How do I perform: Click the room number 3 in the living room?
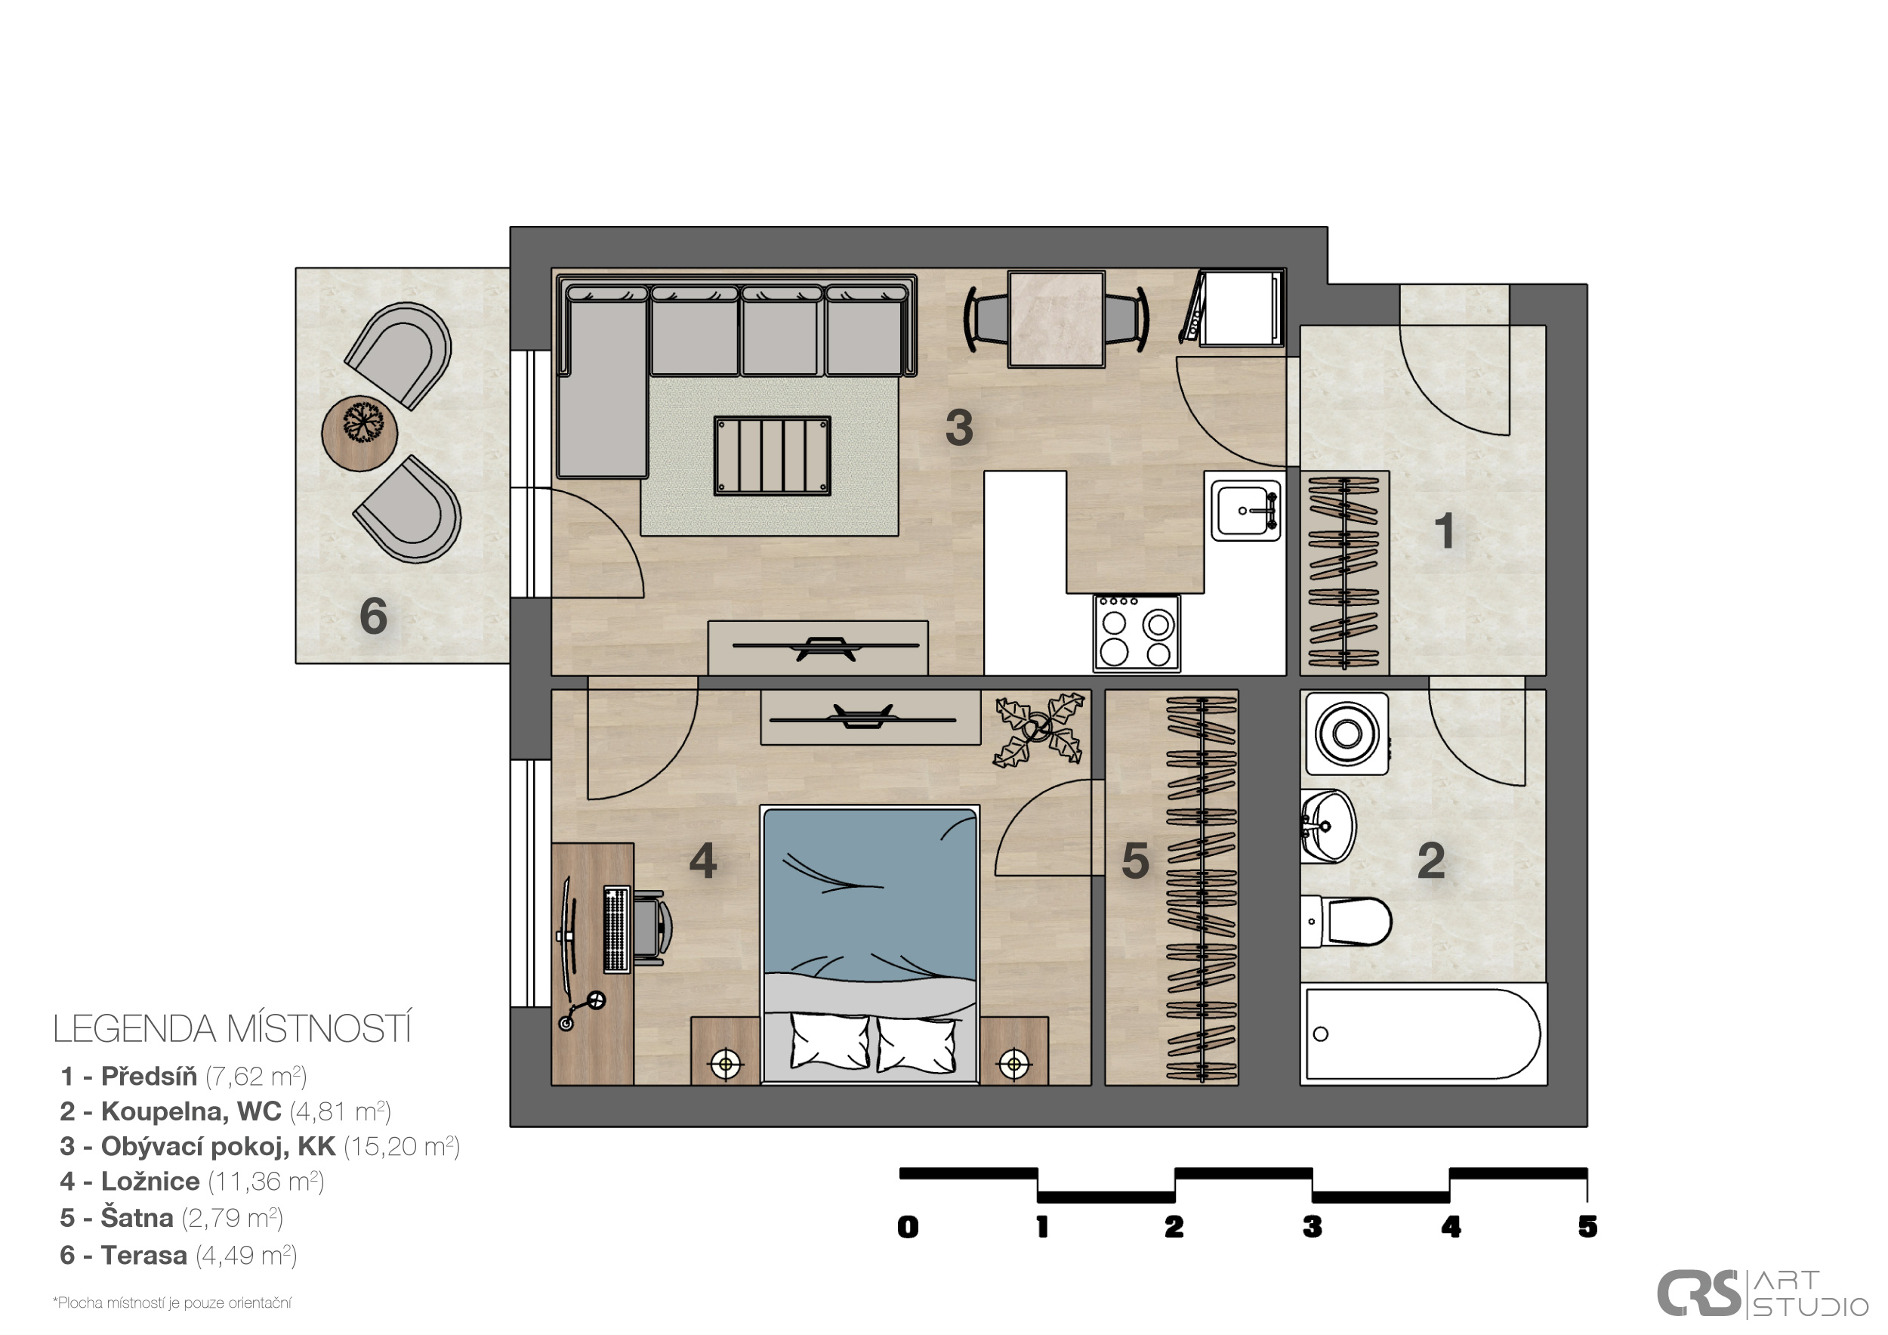point(959,428)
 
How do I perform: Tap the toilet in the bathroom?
point(1346,921)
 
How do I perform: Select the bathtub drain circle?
point(1321,1034)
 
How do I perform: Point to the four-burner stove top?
point(1137,633)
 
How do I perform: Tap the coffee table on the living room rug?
point(772,456)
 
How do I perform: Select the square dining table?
point(1057,319)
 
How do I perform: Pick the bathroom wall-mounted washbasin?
point(1326,827)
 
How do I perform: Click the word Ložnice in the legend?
point(150,1182)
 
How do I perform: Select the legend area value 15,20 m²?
point(401,1147)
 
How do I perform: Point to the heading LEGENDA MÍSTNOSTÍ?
point(233,1030)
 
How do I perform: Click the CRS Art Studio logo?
point(1763,1294)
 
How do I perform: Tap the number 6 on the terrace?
point(373,616)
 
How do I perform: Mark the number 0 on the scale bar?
point(908,1227)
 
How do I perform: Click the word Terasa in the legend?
point(144,1256)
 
